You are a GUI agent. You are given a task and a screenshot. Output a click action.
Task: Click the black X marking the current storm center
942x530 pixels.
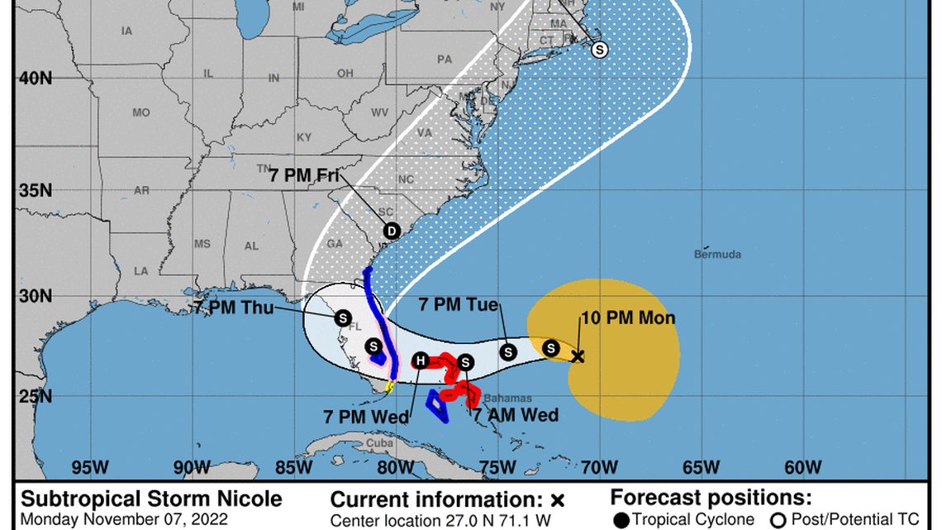click(578, 356)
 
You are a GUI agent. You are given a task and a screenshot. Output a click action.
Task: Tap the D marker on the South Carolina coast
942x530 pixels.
click(392, 232)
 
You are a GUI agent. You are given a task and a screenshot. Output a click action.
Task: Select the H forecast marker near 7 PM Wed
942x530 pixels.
click(421, 360)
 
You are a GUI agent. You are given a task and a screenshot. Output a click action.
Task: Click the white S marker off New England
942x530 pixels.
click(600, 50)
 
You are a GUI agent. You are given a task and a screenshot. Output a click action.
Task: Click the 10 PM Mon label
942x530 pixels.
click(628, 318)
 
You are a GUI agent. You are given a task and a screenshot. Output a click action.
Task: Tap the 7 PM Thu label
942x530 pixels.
click(234, 307)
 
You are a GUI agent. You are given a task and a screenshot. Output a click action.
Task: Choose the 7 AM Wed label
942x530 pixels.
click(515, 414)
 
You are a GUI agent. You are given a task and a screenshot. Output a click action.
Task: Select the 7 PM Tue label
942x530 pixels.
click(459, 304)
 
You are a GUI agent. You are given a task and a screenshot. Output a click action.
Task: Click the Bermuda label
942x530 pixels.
click(717, 255)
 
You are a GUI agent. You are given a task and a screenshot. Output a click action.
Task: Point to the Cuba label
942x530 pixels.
click(379, 442)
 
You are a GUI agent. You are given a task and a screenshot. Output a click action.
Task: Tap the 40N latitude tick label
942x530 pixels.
click(35, 78)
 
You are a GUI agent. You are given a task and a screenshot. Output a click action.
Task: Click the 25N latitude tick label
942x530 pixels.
click(35, 397)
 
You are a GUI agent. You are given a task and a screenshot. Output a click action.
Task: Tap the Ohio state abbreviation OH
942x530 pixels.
click(345, 74)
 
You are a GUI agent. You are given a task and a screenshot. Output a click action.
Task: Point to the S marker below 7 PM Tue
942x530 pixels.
click(508, 352)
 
